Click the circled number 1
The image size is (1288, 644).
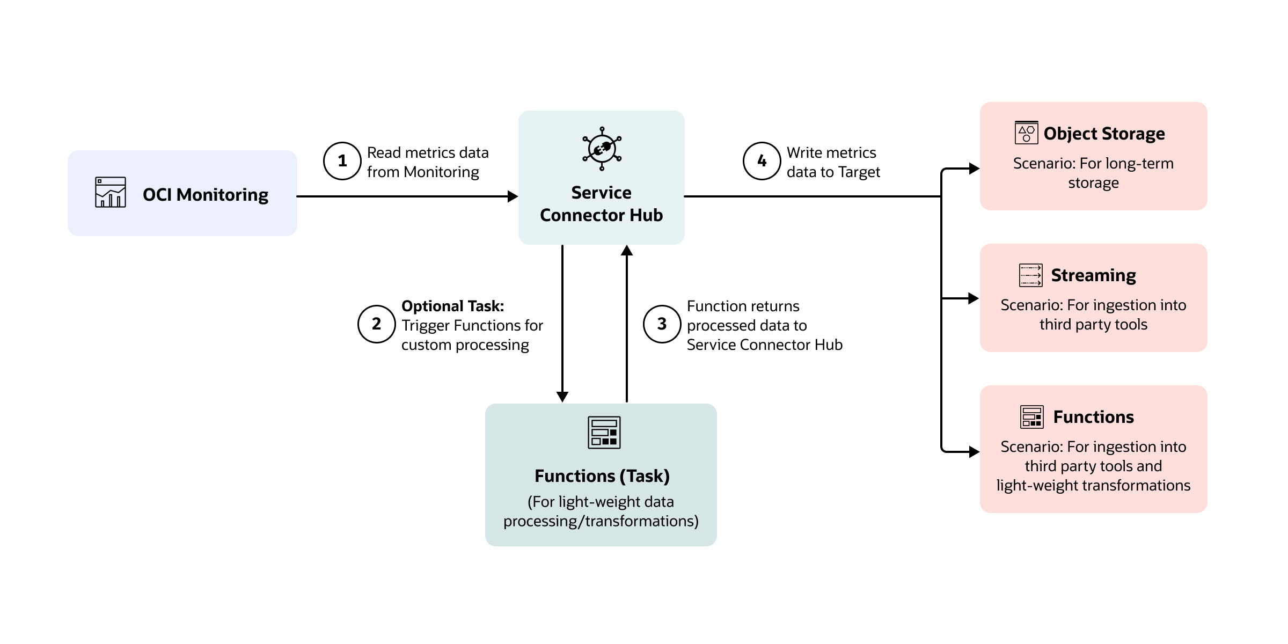(342, 161)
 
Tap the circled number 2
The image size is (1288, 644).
(376, 324)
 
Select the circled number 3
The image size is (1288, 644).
(662, 324)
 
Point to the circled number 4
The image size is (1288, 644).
(762, 161)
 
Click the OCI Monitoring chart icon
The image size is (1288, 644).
(111, 192)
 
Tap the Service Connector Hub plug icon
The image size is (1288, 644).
(602, 149)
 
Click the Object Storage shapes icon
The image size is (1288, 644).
(1026, 133)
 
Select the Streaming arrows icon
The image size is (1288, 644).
(1030, 275)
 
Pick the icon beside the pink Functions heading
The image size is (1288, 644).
(1031, 417)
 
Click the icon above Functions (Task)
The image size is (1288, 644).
(604, 432)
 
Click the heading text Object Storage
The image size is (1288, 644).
(1104, 133)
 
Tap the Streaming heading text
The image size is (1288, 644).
(1093, 275)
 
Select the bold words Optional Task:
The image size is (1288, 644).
(452, 306)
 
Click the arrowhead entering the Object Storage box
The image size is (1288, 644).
(974, 169)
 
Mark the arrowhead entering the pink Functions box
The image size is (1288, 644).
(974, 452)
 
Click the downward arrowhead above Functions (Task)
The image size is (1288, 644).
(562, 397)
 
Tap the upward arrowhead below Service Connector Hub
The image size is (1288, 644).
(627, 251)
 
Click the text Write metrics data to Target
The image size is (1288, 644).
(832, 162)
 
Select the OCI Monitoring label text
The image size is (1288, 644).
(205, 194)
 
